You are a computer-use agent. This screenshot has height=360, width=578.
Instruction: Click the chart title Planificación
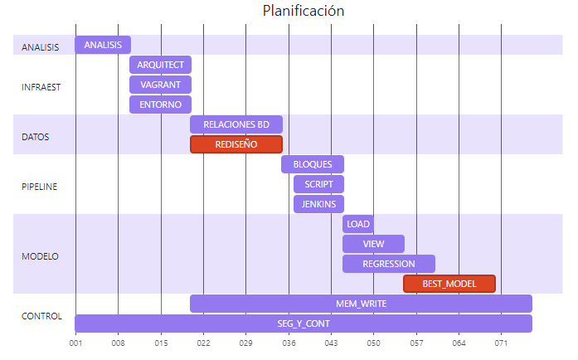click(x=303, y=11)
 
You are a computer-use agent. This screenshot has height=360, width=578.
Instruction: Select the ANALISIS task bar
click(x=103, y=45)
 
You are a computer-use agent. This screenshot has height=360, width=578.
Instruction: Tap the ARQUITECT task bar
click(x=161, y=65)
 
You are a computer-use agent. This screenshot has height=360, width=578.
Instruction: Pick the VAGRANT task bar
click(x=161, y=85)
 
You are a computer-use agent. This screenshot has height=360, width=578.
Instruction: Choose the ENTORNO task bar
click(x=161, y=105)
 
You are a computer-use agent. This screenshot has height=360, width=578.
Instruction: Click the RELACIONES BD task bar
click(x=236, y=124)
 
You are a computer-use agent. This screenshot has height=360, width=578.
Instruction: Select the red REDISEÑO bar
click(x=236, y=144)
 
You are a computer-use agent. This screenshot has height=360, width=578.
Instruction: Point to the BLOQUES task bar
click(x=313, y=164)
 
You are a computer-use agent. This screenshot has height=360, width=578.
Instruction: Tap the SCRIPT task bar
click(x=318, y=184)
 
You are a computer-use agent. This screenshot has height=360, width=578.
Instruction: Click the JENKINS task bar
click(x=318, y=204)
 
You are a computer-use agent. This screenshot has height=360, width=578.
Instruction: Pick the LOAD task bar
click(x=358, y=224)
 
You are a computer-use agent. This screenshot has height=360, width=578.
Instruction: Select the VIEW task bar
click(x=374, y=244)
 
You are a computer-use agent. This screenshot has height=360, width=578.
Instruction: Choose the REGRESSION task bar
click(x=389, y=264)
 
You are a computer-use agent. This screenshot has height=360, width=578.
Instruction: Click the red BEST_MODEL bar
click(x=449, y=284)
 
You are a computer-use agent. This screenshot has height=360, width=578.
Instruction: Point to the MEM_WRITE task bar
click(x=361, y=304)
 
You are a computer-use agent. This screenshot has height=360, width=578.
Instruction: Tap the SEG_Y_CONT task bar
click(x=304, y=324)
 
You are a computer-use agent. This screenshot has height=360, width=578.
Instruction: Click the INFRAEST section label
click(x=41, y=86)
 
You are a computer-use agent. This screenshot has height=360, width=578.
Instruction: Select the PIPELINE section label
click(x=39, y=186)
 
